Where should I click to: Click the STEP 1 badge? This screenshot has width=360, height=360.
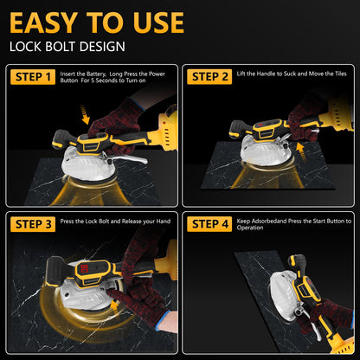pos(33,77)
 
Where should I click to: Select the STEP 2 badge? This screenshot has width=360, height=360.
pos(209,77)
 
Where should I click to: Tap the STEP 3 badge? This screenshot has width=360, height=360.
pos(33,224)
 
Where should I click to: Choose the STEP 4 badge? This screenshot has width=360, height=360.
pos(209,224)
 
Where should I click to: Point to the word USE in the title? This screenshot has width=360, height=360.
pos(158,22)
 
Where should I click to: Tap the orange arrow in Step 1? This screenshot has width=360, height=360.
pos(85,114)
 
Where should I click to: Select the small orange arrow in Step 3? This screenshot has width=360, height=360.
pos(115,305)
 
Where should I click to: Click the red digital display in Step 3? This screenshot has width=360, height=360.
pos(85,270)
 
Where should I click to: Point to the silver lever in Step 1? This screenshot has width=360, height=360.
pos(128,159)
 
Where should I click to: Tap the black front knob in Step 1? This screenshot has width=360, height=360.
pos(61,139)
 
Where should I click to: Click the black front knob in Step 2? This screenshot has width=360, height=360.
pos(238,129)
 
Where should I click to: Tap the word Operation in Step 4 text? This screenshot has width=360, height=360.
pos(250,228)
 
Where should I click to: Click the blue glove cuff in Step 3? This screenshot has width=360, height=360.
pos(163,323)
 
